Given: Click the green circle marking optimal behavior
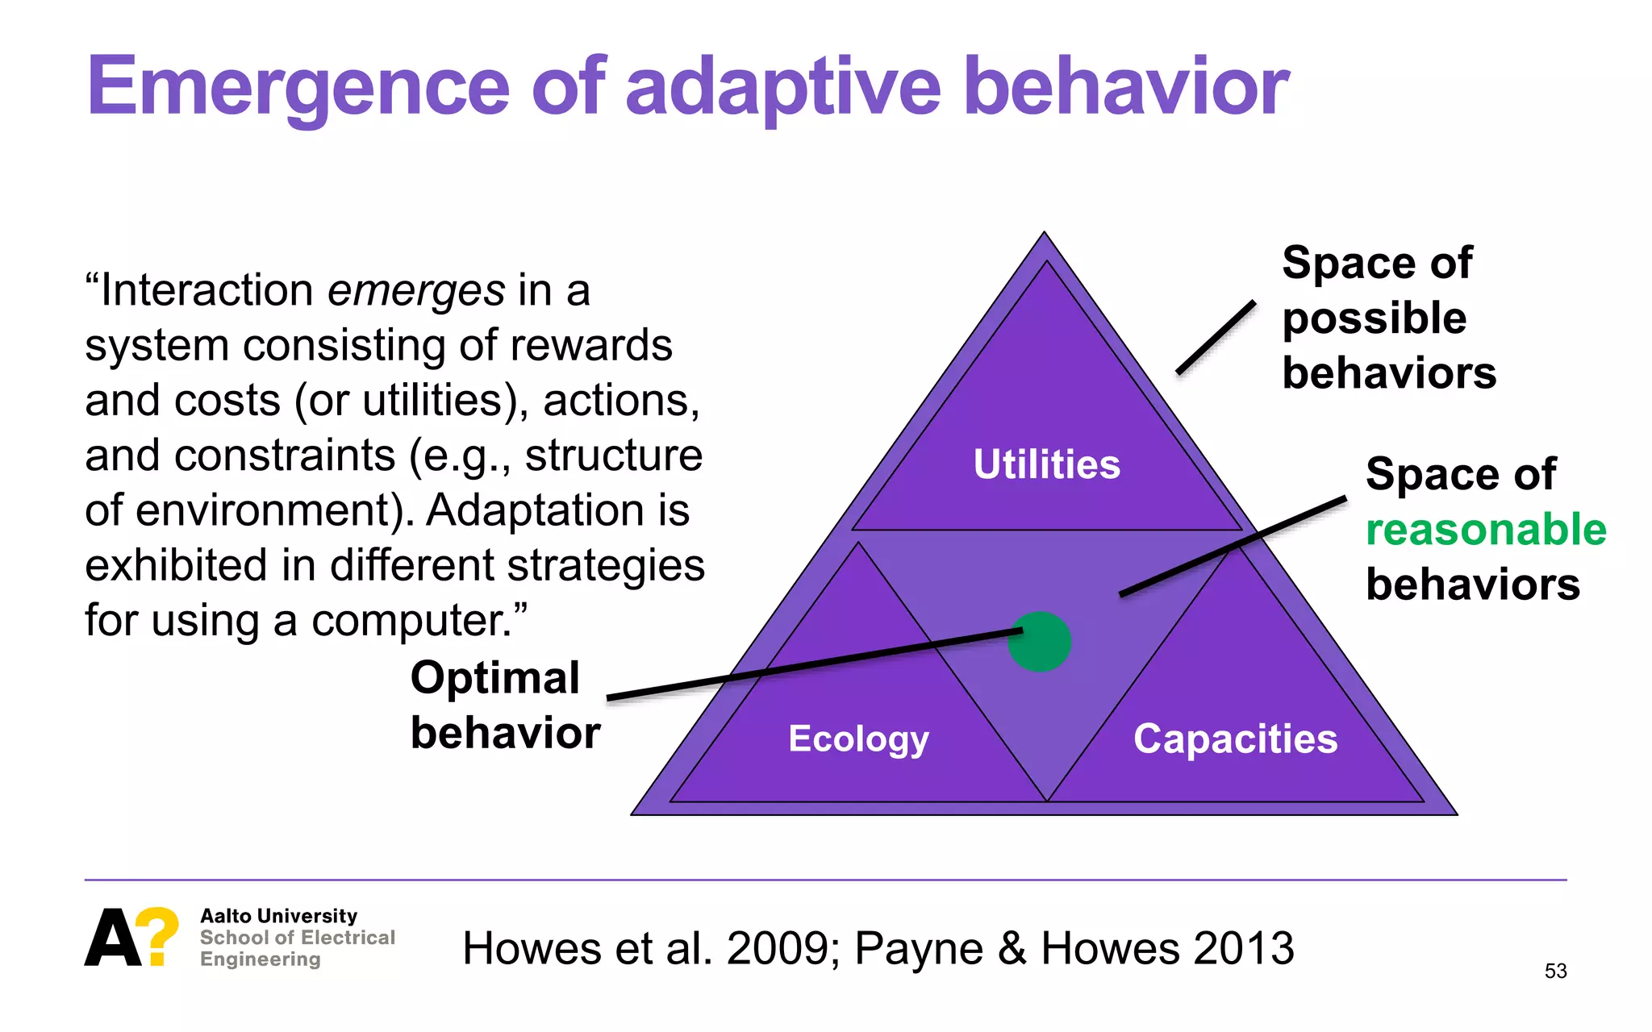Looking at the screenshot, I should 1040,642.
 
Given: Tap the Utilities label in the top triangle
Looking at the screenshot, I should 1047,464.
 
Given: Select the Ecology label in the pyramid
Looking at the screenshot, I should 858,739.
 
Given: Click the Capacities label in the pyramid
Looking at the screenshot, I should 1235,739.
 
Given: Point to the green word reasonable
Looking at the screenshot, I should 1486,530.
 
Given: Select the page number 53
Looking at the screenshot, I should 1555,971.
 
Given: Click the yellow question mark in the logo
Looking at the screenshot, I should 158,935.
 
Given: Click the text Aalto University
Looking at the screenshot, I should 278,916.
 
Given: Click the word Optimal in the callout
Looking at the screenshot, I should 494,677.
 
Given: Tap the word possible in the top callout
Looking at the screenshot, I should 1374,318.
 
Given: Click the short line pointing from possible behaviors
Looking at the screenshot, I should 1216,337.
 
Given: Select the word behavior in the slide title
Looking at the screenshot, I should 1126,86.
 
